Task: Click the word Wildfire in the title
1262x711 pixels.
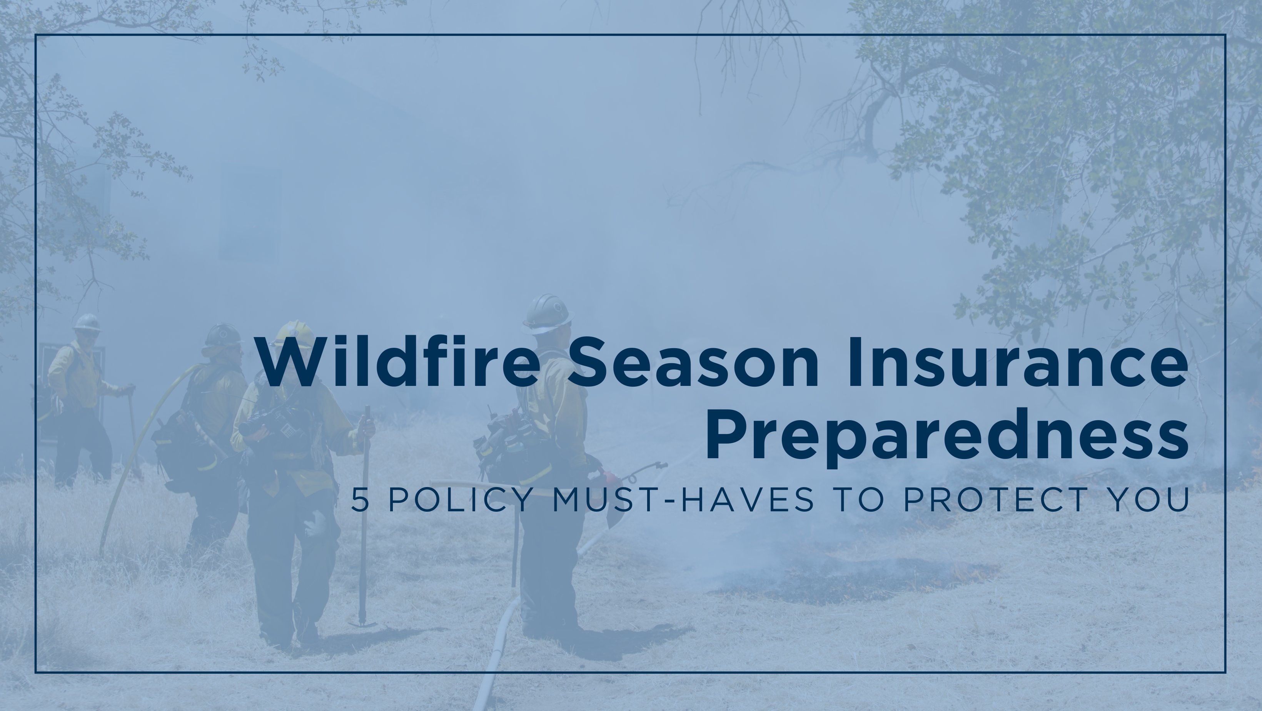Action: pyautogui.click(x=397, y=362)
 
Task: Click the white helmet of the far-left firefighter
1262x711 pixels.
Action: pyautogui.click(x=87, y=322)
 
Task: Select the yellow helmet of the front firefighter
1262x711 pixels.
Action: pyautogui.click(x=294, y=333)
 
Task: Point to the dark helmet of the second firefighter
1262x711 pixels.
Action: pyautogui.click(x=223, y=335)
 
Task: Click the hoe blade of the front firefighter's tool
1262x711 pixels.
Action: pyautogui.click(x=362, y=624)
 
